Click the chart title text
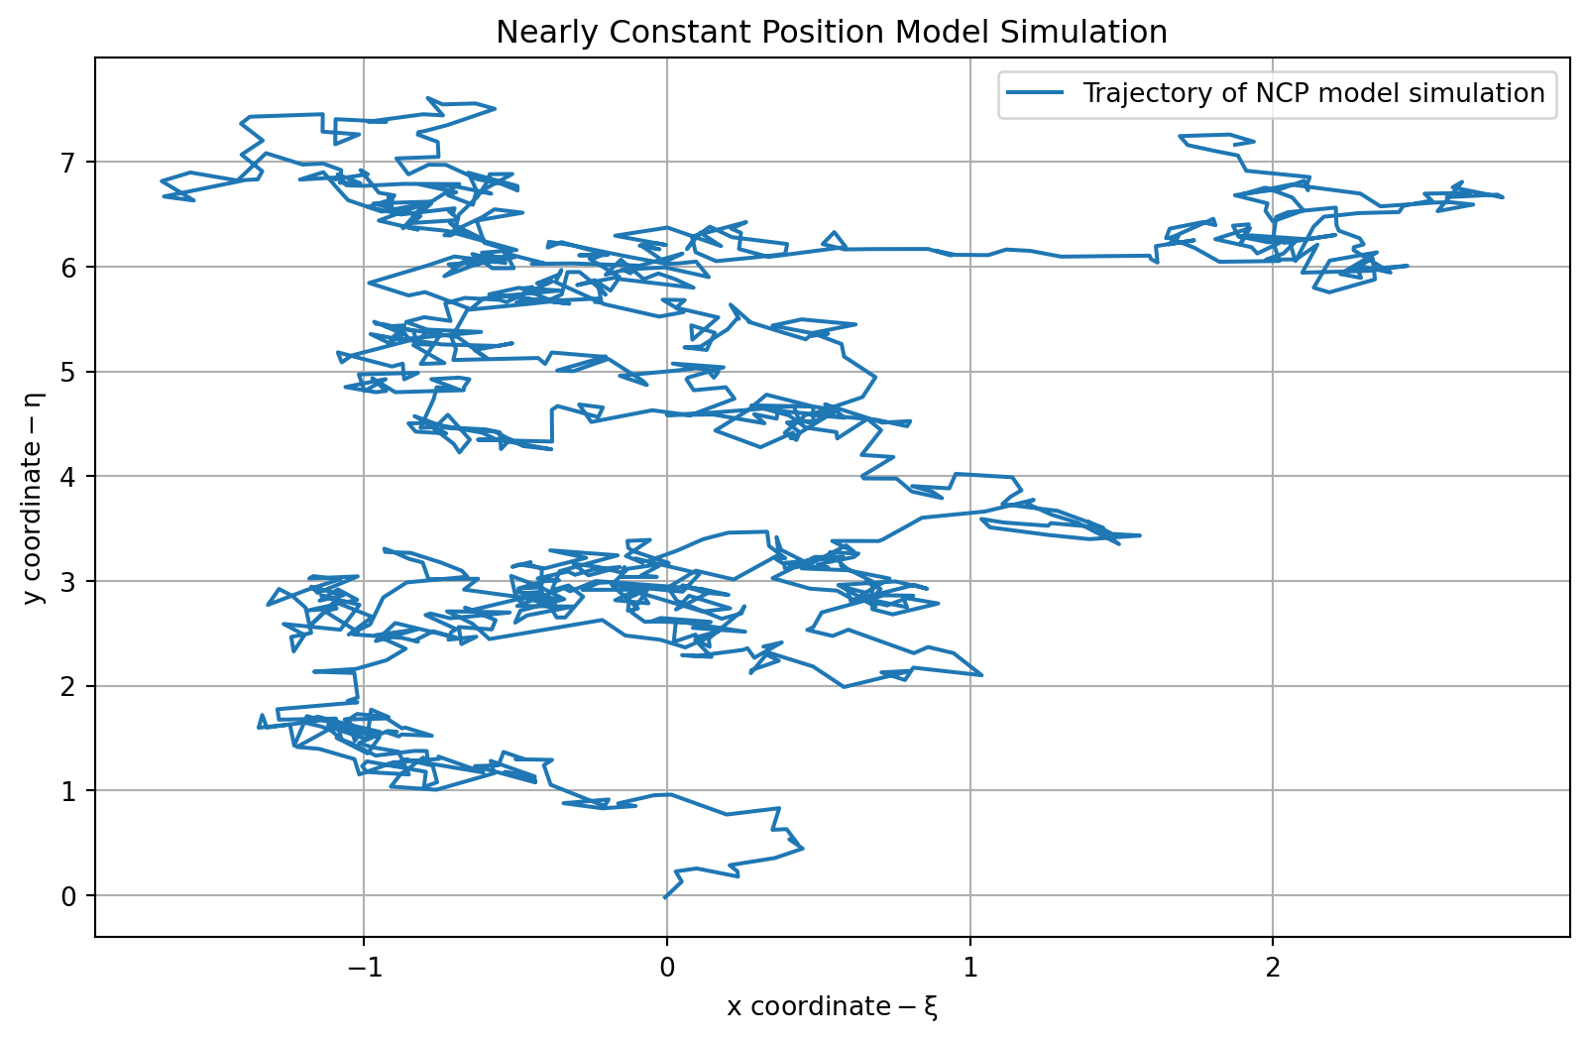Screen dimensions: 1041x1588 831,33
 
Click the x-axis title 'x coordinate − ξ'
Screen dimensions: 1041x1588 832,1007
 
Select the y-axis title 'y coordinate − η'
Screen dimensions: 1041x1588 34,497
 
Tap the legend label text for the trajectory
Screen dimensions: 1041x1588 1313,93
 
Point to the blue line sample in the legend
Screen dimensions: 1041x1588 1036,93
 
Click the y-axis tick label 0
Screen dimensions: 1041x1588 68,896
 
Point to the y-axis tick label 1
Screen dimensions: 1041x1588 68,791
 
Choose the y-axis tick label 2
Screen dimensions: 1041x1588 68,686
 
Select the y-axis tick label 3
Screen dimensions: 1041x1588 68,581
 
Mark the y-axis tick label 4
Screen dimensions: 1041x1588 68,477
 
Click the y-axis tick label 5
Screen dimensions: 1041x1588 68,372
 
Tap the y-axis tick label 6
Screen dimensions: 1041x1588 68,267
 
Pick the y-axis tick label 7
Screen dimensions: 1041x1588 68,162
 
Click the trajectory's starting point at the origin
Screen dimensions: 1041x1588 665,897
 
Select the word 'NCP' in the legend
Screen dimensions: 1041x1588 1280,93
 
